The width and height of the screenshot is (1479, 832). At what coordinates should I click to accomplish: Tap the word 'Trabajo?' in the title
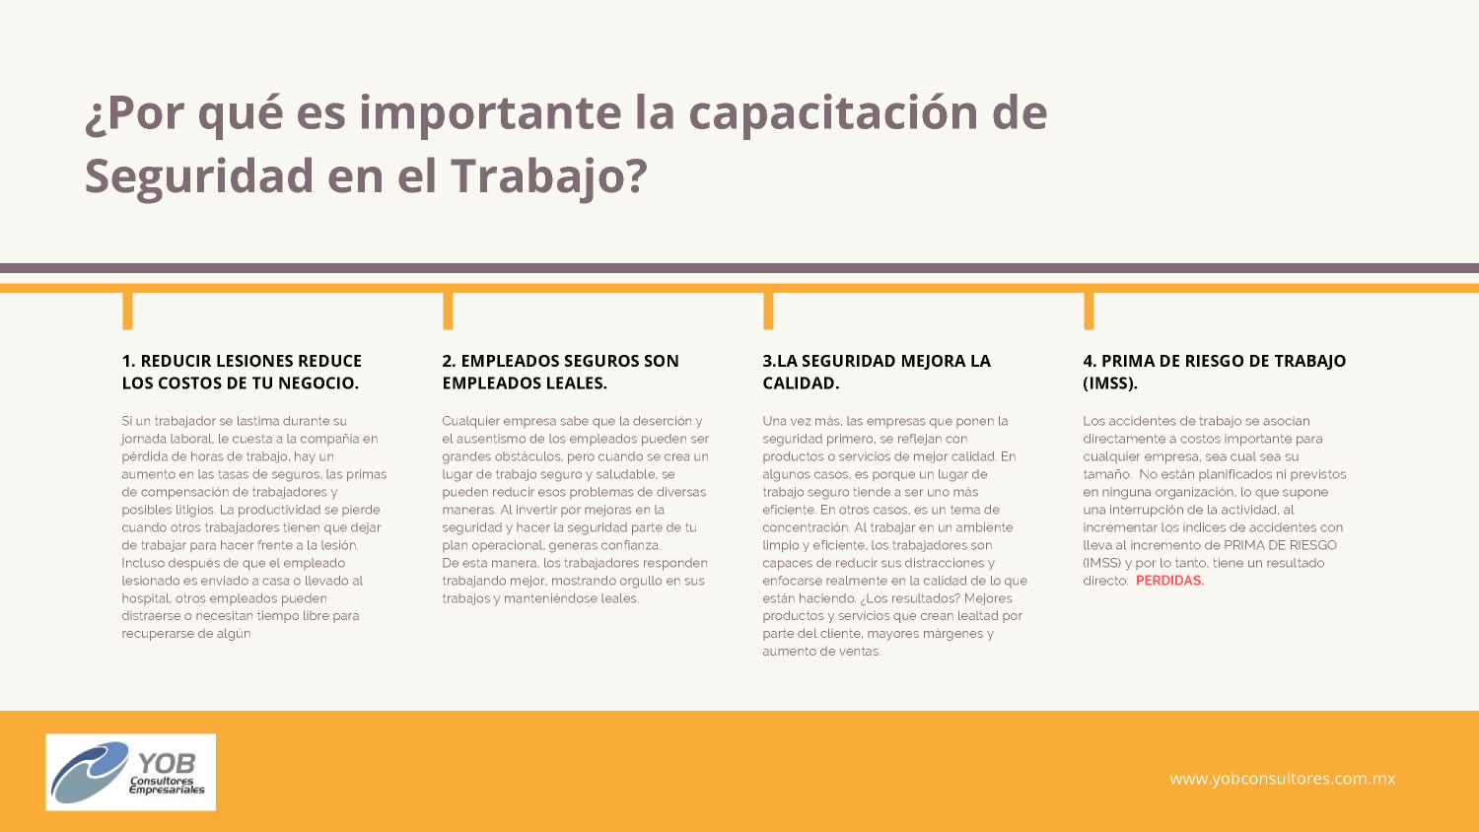[x=549, y=177]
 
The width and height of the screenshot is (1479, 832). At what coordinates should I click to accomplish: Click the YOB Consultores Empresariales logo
[x=131, y=772]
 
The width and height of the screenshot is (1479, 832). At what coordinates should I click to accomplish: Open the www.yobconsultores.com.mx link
[x=1282, y=779]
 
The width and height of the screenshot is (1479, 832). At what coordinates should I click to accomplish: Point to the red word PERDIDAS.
[x=1170, y=581]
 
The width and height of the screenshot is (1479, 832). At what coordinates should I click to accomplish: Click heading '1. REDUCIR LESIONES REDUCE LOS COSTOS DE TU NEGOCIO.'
[x=242, y=372]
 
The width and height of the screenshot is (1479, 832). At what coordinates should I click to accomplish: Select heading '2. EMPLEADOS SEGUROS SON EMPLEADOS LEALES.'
[x=561, y=372]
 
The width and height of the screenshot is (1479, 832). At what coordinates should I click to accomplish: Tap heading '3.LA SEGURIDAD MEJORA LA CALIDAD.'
[x=877, y=372]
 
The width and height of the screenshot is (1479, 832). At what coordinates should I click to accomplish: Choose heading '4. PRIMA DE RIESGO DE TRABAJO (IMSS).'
[x=1214, y=372]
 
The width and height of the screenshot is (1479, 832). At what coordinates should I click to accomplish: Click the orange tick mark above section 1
[x=127, y=311]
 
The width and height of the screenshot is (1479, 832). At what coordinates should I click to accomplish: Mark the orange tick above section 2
[x=448, y=311]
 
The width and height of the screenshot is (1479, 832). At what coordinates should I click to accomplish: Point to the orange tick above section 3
[x=768, y=311]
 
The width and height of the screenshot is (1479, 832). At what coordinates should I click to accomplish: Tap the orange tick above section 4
[x=1089, y=311]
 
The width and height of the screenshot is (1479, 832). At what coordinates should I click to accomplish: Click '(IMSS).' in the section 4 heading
[x=1110, y=383]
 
